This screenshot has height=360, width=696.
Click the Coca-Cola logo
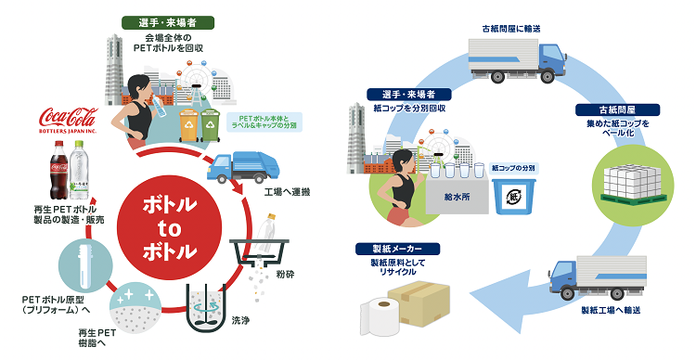(68, 120)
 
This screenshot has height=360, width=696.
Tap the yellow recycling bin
(188, 125)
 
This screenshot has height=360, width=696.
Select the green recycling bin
(210, 125)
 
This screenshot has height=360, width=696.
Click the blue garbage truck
(243, 167)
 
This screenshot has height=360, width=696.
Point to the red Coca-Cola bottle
(58, 170)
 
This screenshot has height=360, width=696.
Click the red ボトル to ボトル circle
(169, 228)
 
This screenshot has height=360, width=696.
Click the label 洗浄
(240, 320)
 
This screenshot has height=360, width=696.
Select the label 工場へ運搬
(287, 192)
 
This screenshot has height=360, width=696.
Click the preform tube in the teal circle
(84, 264)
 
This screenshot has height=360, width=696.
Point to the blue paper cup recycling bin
(514, 196)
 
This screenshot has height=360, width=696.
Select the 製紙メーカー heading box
(397, 249)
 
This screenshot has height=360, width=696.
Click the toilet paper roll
(378, 316)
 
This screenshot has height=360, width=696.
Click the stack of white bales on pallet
(633, 183)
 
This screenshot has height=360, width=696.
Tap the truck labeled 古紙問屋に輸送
(518, 60)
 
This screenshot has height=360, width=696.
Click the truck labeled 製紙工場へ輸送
(597, 277)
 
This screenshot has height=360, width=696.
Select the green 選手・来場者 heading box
(168, 23)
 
